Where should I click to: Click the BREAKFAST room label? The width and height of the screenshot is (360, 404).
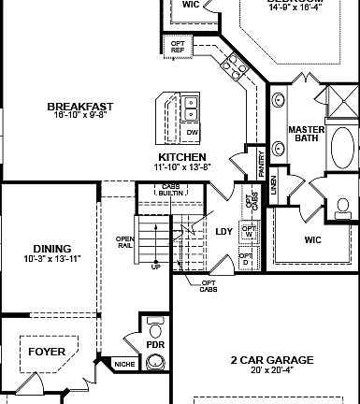tap(80, 108)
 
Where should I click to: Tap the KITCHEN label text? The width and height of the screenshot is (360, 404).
tap(182, 157)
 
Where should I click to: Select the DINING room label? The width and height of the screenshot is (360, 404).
tap(39, 248)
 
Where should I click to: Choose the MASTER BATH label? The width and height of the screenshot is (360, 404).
tap(306, 134)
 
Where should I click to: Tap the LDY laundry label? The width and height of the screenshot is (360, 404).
tap(223, 230)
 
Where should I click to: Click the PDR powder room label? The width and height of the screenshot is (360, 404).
tap(154, 345)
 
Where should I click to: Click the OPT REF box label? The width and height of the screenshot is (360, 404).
tap(177, 45)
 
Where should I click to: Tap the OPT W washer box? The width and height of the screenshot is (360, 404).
tap(248, 231)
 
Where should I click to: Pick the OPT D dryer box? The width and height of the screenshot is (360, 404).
tap(245, 258)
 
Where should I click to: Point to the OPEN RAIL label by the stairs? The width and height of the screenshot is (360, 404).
tap(125, 241)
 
